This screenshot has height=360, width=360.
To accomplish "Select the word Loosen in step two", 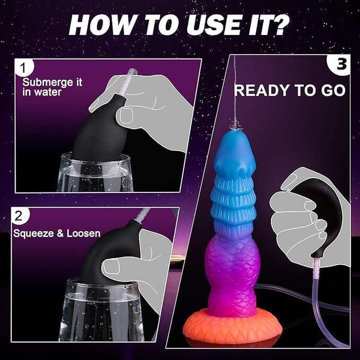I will [85, 234].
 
